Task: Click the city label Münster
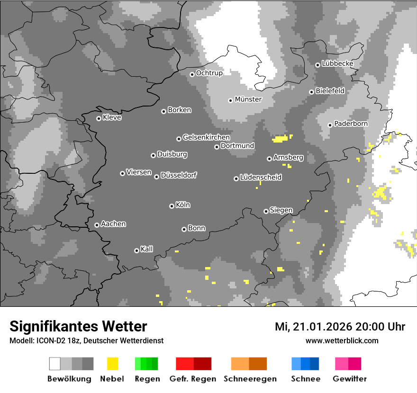(248, 99)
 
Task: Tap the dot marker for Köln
(172, 206)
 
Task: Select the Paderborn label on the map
(351, 124)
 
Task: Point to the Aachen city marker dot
(97, 225)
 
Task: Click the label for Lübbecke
(337, 63)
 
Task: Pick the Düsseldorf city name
(179, 176)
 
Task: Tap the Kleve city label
(112, 117)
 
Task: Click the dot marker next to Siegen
(266, 211)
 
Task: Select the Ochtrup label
(209, 73)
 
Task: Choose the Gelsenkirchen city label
(206, 138)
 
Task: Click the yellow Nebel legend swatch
(112, 364)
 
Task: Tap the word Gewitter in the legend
(350, 379)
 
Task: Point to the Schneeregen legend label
(250, 379)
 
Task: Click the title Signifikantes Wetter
(78, 326)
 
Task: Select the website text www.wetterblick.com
(342, 340)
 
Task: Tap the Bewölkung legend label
(69, 379)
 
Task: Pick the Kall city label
(147, 249)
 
